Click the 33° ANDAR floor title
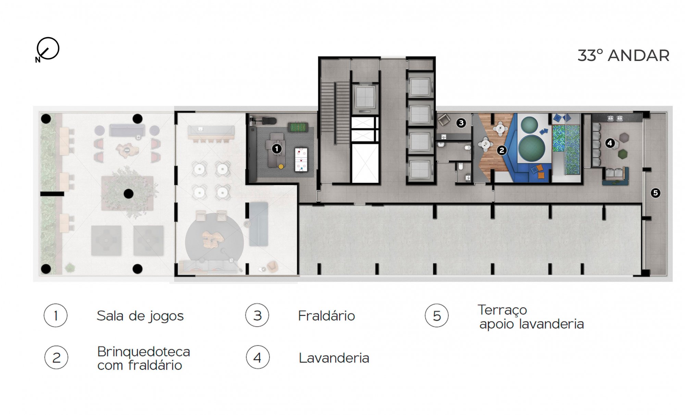pos(623,55)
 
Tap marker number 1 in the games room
pos(276,149)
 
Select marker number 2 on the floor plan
pos(502,150)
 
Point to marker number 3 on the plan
pos(461,123)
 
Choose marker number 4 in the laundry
pos(610,143)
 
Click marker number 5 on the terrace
pos(655,193)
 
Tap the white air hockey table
pos(301,160)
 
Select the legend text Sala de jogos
pos(140,316)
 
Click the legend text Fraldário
pos(326,316)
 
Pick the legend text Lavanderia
pos(334,358)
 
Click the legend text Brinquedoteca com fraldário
pos(143,358)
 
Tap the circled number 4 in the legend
pos(258,358)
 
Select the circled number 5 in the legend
pos(437,316)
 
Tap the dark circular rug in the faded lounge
pos(214,242)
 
